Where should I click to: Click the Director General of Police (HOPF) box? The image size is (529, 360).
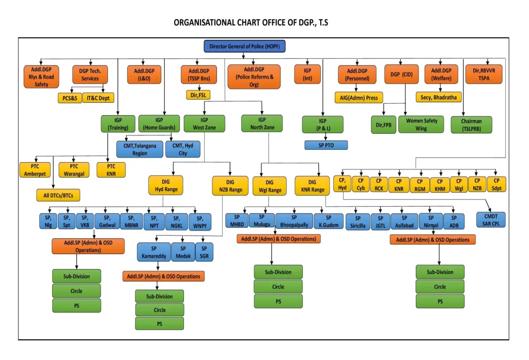tap(244, 46)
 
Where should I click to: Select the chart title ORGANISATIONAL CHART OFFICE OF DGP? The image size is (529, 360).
tap(251, 23)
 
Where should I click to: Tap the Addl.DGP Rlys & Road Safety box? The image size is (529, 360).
tap(41, 76)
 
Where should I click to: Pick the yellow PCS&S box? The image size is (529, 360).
tap(70, 98)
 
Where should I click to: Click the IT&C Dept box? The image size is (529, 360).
tap(98, 98)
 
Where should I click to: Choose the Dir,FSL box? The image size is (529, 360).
tap(198, 95)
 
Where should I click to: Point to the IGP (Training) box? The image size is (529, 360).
tap(118, 124)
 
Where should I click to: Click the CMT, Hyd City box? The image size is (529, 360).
tap(183, 149)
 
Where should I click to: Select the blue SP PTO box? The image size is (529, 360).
tap(326, 145)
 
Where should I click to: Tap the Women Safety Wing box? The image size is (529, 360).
tap(421, 124)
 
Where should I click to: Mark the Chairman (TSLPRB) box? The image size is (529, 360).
tap(471, 125)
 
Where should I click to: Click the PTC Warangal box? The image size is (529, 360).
tap(74, 170)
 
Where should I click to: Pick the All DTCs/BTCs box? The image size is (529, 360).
tap(58, 195)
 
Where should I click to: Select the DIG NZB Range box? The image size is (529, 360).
tap(230, 186)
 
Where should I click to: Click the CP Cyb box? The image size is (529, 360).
tap(361, 184)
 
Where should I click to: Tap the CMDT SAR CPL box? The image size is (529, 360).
tap(491, 220)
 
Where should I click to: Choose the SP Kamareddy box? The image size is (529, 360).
tap(154, 252)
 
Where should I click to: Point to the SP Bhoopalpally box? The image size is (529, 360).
tap(294, 221)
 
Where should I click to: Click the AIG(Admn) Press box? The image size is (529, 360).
tap(359, 98)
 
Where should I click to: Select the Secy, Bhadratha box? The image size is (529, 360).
tap(439, 98)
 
